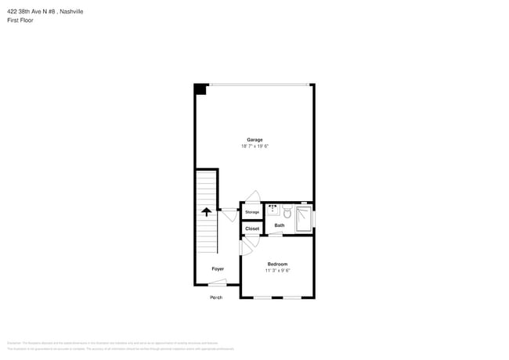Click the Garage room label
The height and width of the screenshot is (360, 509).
254,139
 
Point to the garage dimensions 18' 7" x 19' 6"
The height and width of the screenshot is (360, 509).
254,146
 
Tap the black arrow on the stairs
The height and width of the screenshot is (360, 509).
207,211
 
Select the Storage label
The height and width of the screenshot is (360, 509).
251,212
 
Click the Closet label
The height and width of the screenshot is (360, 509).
251,229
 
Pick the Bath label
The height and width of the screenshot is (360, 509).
280,225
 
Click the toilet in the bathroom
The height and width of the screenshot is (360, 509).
287,212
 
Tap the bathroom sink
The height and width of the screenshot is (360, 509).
273,210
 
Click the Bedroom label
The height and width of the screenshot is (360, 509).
277,264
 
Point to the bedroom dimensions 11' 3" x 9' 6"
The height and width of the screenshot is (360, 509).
277,271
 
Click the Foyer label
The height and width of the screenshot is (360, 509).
218,268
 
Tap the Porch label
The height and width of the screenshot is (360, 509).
216,297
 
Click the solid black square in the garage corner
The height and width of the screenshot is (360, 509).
200,89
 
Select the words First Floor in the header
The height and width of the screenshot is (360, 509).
20,20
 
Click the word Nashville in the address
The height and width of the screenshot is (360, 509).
71,11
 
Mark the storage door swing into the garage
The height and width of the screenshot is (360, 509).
253,196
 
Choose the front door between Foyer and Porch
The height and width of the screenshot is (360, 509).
218,283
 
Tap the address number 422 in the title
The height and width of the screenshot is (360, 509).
13,11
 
